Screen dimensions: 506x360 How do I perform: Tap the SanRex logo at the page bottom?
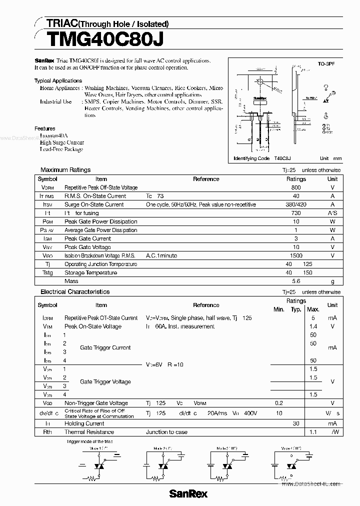[188, 493]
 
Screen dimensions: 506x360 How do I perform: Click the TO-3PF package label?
[327, 64]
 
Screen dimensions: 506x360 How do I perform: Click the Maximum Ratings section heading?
[65, 170]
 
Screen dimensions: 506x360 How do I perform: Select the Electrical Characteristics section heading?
[75, 291]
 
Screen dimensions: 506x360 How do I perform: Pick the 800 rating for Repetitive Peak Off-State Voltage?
[296, 187]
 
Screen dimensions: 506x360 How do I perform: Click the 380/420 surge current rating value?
[296, 204]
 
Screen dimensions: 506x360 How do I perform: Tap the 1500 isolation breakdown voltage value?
[296, 255]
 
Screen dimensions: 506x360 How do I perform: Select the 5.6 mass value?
[296, 281]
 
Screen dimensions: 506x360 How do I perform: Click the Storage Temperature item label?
[90, 272]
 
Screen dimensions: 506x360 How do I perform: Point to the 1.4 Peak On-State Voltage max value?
[313, 326]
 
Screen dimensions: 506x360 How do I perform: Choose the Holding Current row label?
[85, 423]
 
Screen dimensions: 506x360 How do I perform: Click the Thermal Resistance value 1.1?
[313, 431]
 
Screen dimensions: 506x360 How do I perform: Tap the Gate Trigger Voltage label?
[105, 381]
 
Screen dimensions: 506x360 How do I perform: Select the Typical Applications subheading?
[58, 80]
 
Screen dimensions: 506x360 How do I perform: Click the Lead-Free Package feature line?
[61, 149]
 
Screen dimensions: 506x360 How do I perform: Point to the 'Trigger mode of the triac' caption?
[90, 441]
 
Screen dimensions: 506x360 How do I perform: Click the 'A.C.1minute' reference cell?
[161, 255]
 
